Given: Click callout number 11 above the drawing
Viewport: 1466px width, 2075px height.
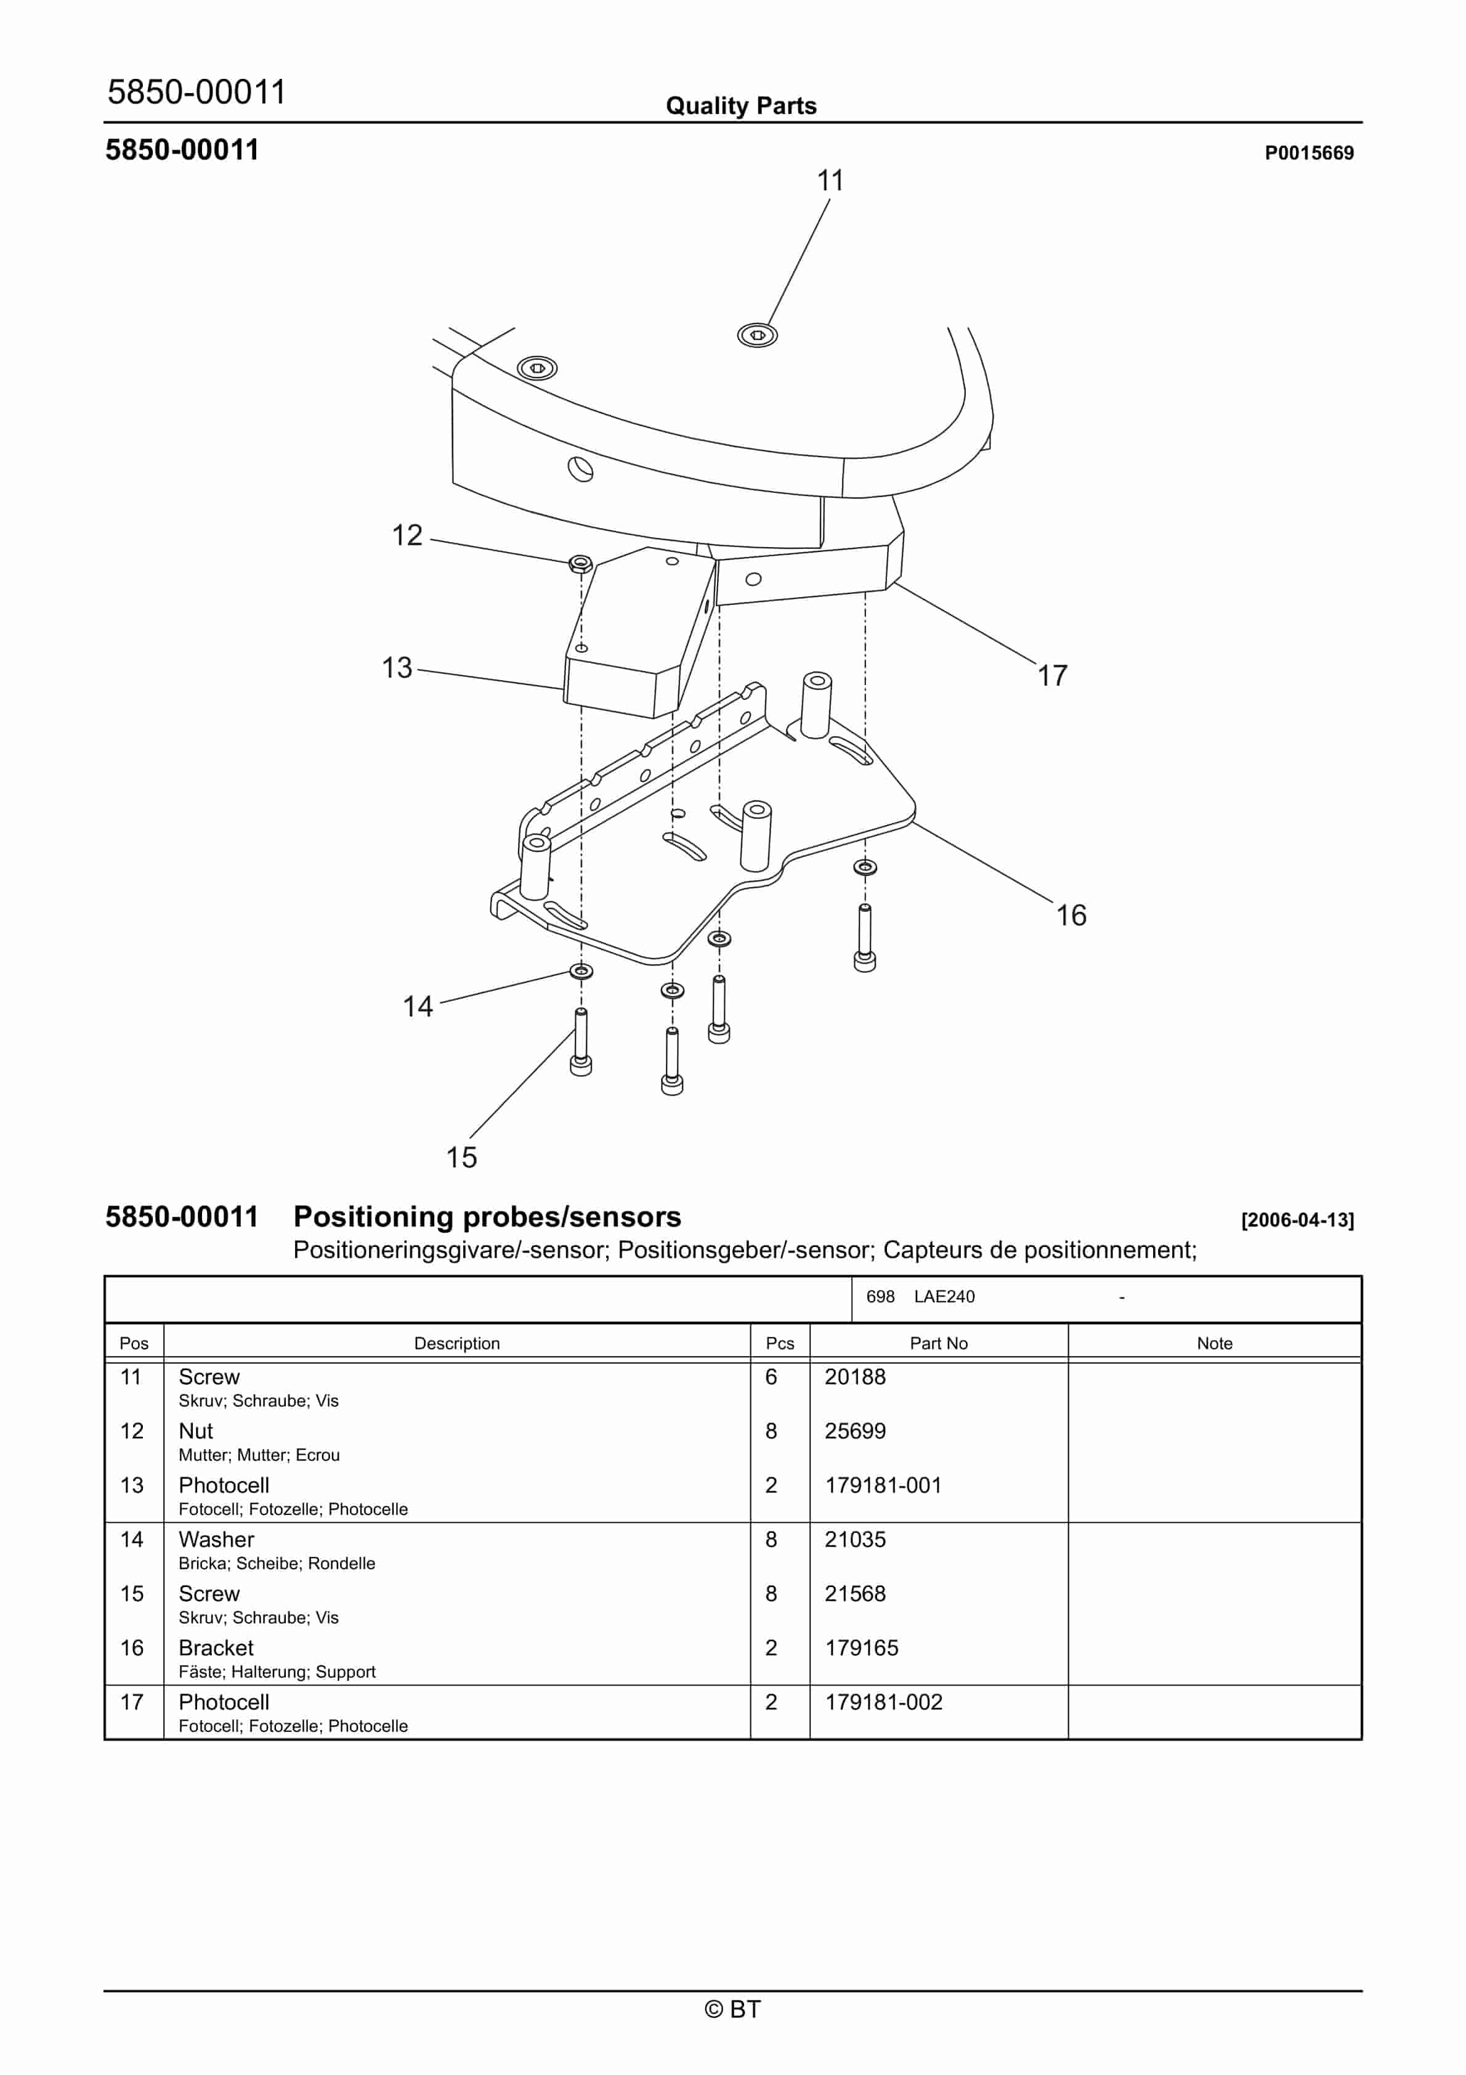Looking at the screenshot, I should click(x=830, y=181).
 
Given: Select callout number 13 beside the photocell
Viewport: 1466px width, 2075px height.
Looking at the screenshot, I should click(x=397, y=668).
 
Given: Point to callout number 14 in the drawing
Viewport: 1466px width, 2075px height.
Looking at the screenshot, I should click(x=418, y=1006).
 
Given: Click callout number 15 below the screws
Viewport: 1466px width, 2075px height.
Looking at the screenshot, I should click(x=461, y=1157).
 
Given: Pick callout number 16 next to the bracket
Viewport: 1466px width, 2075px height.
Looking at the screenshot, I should click(x=1071, y=915).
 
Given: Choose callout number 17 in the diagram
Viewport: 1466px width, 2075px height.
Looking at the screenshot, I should click(x=1052, y=675).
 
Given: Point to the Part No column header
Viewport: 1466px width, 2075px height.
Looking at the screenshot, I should click(x=938, y=1343).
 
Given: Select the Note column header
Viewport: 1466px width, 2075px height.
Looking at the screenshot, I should click(x=1214, y=1343).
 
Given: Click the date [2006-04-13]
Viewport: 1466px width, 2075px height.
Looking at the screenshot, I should click(x=1297, y=1220).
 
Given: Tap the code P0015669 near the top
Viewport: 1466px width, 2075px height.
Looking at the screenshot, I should click(x=1309, y=153).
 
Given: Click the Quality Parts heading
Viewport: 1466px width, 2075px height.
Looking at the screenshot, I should click(x=741, y=106).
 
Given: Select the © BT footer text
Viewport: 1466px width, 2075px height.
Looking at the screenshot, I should click(x=733, y=2009).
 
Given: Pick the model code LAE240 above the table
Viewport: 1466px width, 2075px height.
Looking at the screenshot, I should click(x=944, y=1296).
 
